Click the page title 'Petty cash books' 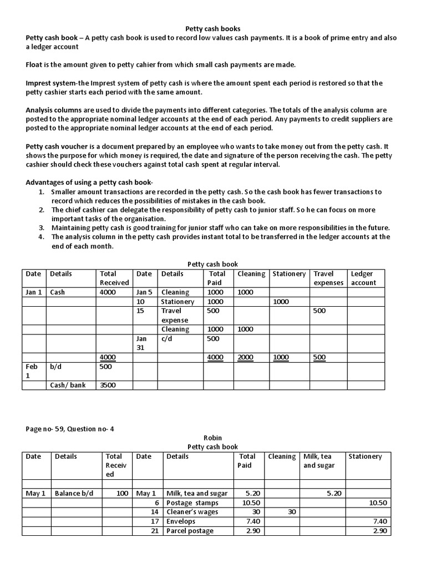point(212,28)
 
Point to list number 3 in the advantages point(42,228)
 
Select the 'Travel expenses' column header point(328,278)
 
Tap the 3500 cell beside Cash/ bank point(108,385)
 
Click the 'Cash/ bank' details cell point(68,385)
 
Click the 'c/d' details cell point(167,338)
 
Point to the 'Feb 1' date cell point(32,371)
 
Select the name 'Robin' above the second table point(212,438)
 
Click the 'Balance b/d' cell point(74,493)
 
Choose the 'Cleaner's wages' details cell point(192,512)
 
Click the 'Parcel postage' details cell point(190,531)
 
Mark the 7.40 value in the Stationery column point(380,521)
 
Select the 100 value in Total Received point(122,493)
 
